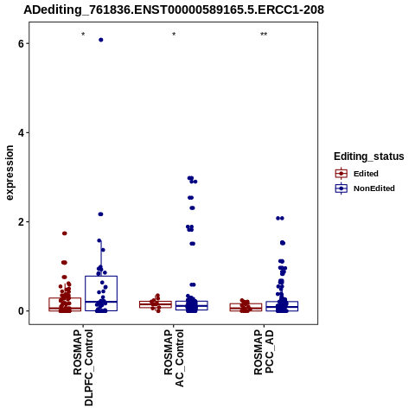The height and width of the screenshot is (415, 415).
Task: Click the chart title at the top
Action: coord(174,10)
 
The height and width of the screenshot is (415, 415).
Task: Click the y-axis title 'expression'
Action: coord(10,173)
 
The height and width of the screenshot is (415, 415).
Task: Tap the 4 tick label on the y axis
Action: coord(21,133)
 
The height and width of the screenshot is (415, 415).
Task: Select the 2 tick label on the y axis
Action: coord(21,222)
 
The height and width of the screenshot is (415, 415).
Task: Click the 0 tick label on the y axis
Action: coord(21,311)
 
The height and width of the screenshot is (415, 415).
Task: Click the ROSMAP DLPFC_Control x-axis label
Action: coord(83,367)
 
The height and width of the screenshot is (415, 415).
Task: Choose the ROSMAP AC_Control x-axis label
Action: coord(174,358)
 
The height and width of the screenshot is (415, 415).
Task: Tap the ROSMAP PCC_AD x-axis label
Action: coord(264,352)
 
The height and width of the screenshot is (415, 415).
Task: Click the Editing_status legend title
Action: coord(369,156)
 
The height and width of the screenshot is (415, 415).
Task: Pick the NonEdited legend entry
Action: coord(365,188)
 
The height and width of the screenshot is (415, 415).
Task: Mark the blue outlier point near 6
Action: coord(101,40)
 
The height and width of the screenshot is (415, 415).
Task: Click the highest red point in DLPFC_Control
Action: coord(65,233)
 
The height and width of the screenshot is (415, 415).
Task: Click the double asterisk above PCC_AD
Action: coord(264,35)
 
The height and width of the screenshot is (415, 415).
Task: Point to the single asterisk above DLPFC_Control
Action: coord(83,35)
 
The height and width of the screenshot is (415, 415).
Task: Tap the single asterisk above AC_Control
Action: coord(174,35)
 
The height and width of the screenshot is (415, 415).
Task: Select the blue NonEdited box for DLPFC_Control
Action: coord(101,276)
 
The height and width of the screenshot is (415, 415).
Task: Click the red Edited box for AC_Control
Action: coord(156,302)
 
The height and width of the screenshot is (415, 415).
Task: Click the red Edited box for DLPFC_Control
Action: coord(65,298)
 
